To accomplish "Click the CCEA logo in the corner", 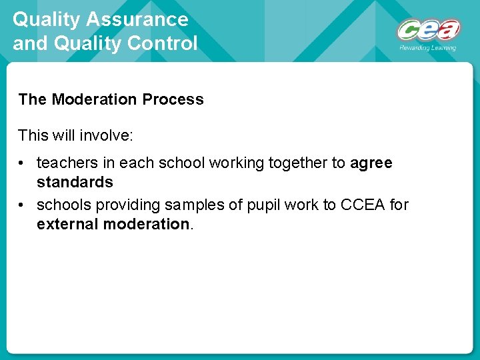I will (428, 30).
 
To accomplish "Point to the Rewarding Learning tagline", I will (428, 48).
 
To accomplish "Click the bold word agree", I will (371, 163).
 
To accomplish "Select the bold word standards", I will (75, 182).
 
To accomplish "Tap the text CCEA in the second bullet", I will (362, 205).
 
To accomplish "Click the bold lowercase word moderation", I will (147, 224).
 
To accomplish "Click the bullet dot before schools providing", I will (22, 205).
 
